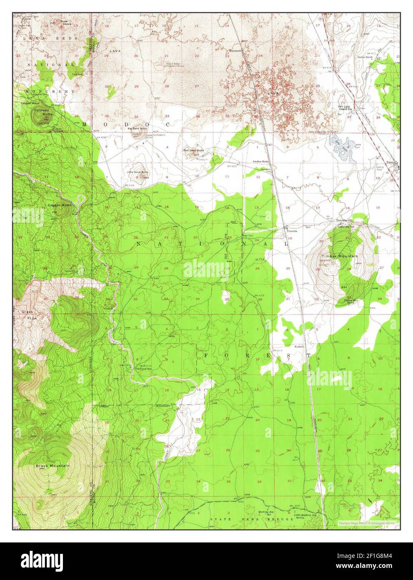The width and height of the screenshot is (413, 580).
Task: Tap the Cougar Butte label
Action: tap(60, 205)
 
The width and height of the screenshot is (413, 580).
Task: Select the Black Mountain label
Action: tap(53, 466)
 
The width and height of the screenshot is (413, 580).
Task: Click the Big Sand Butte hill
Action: tap(138, 134)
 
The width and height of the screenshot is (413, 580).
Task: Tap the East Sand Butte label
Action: tap(193, 150)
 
